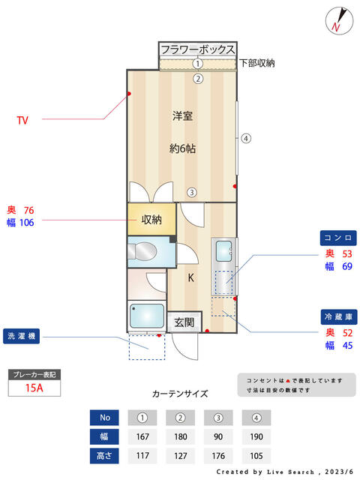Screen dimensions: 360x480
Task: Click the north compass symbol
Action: [339, 20]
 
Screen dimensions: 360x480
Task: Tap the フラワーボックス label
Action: [198, 49]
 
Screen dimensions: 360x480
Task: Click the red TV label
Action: [22, 120]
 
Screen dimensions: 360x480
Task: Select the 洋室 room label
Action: [182, 116]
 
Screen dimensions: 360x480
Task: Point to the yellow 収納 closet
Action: [151, 219]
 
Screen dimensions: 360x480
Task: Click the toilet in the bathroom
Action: [142, 252]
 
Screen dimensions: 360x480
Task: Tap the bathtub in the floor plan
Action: [147, 316]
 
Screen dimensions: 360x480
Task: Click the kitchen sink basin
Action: [223, 251]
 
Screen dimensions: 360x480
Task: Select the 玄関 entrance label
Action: [184, 322]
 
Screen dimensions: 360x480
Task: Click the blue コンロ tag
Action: [338, 238]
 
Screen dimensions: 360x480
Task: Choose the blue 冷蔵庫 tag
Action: [339, 316]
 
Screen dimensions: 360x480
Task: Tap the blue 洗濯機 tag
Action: [22, 336]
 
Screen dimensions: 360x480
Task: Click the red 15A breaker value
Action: [34, 388]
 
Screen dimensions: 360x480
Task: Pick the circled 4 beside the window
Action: [246, 138]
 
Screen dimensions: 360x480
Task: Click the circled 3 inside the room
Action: [192, 193]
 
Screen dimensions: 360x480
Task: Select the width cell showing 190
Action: [256, 436]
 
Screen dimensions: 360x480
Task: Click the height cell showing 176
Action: [218, 456]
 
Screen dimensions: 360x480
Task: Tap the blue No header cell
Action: [104, 418]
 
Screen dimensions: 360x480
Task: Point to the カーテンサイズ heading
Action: [180, 394]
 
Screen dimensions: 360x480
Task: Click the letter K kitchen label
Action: [190, 277]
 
